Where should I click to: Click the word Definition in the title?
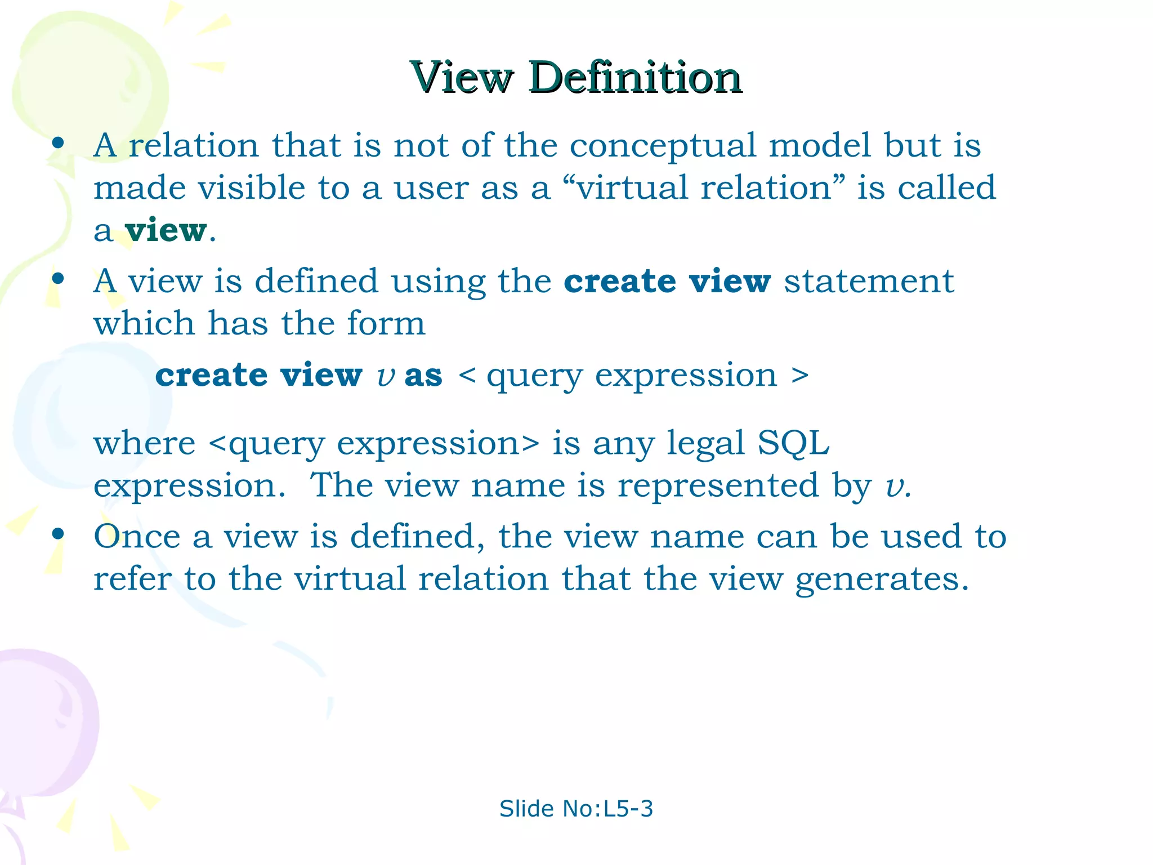635,77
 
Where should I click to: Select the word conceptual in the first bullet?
663,146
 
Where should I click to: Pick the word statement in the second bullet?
869,282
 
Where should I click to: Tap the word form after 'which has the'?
386,324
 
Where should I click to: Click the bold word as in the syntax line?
423,376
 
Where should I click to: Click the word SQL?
793,443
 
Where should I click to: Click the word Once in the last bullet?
137,536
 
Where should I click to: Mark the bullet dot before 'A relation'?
57,142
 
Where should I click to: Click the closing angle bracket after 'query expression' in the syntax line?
799,376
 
